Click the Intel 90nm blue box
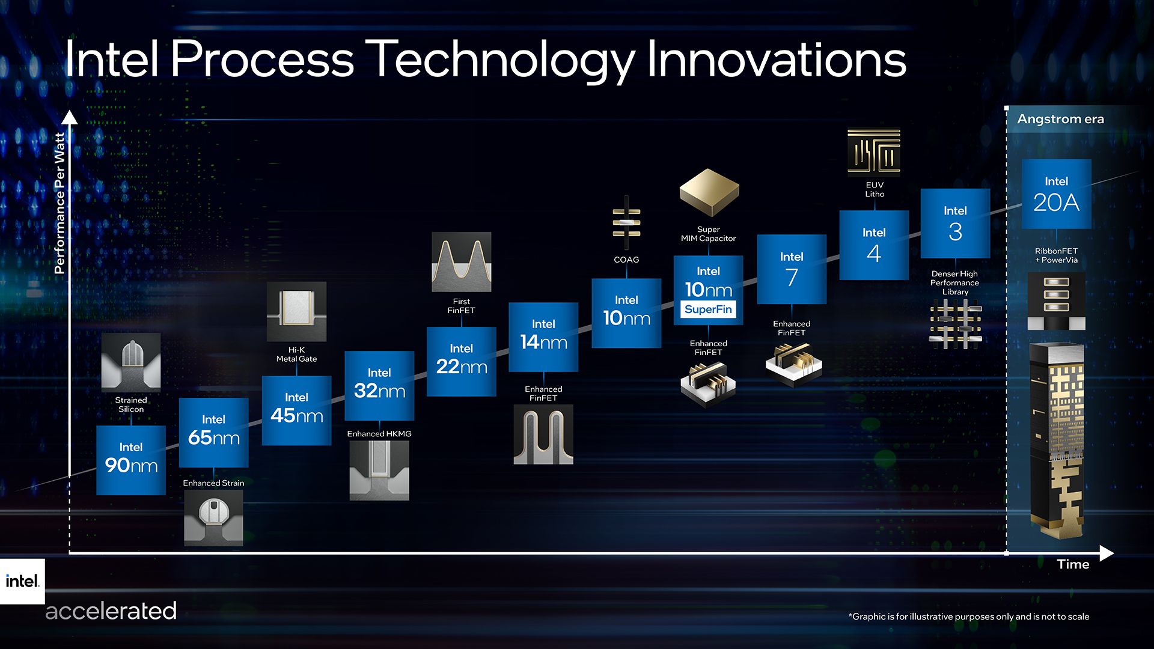click(x=130, y=460)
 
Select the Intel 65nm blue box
click(x=213, y=432)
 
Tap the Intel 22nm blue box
click(x=461, y=361)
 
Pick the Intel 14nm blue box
click(x=543, y=337)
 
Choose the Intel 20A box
click(x=1056, y=193)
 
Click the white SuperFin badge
click(x=708, y=309)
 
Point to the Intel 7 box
click(x=791, y=269)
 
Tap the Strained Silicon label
click(x=131, y=404)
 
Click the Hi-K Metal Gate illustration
click(x=296, y=311)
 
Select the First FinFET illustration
click(x=461, y=262)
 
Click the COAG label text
click(x=626, y=260)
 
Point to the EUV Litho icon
click(x=874, y=152)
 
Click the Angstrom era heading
click(x=1060, y=119)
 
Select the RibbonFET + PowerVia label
click(x=1056, y=255)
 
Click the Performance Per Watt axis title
click(x=59, y=203)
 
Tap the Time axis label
click(x=1073, y=564)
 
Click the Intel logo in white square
click(x=22, y=581)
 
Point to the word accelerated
click(x=111, y=611)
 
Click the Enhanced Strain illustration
click(x=213, y=517)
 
